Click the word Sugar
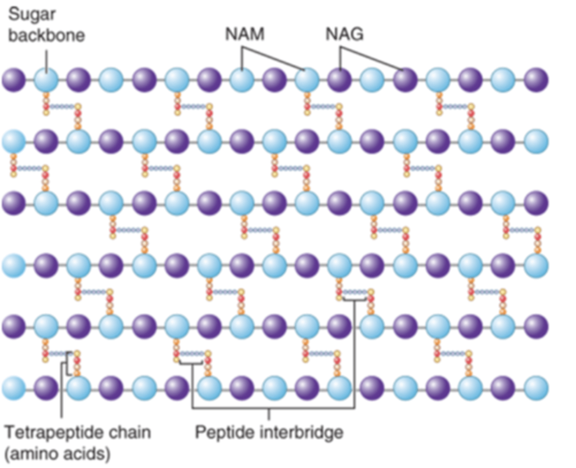click(32, 15)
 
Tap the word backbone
click(46, 35)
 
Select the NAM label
click(245, 34)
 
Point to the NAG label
click(344, 34)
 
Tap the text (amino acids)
click(57, 454)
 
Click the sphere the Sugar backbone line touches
click(46, 80)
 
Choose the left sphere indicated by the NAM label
click(242, 80)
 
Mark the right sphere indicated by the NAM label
click(307, 80)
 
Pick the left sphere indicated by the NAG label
click(340, 80)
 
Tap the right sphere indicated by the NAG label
click(405, 80)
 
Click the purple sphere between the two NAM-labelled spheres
click(275, 80)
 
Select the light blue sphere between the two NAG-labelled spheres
click(372, 80)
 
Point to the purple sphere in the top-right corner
click(536, 80)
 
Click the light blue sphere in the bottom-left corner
click(14, 388)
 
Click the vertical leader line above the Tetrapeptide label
click(61, 392)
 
